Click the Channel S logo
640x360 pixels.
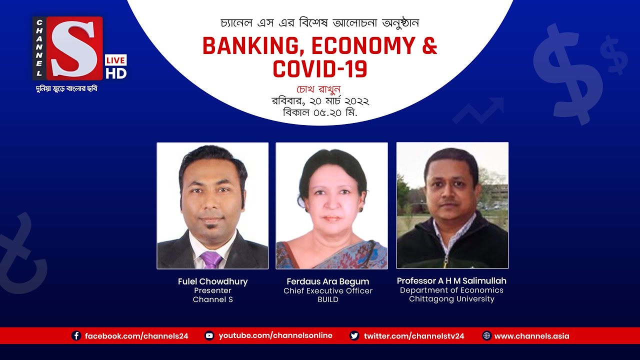[x=67, y=48]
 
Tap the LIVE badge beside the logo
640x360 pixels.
[x=115, y=60]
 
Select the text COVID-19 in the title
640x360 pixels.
[x=320, y=69]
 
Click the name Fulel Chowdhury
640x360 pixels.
[x=212, y=281]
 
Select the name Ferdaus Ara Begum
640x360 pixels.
[x=328, y=281]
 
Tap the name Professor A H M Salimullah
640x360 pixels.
[x=451, y=280]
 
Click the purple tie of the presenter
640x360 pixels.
[x=211, y=260]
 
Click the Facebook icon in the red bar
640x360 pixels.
[x=76, y=336]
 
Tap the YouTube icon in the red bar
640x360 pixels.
[x=209, y=336]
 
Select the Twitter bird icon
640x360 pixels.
[x=354, y=336]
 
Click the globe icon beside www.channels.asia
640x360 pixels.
[x=486, y=336]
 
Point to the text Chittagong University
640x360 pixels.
[x=451, y=299]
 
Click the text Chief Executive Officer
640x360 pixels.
[x=328, y=290]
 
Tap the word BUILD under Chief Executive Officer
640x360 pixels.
[x=328, y=299]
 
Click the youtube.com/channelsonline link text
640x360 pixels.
[x=275, y=335]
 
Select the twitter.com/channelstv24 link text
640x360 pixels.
[x=414, y=336]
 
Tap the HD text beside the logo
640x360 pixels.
[x=116, y=73]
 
